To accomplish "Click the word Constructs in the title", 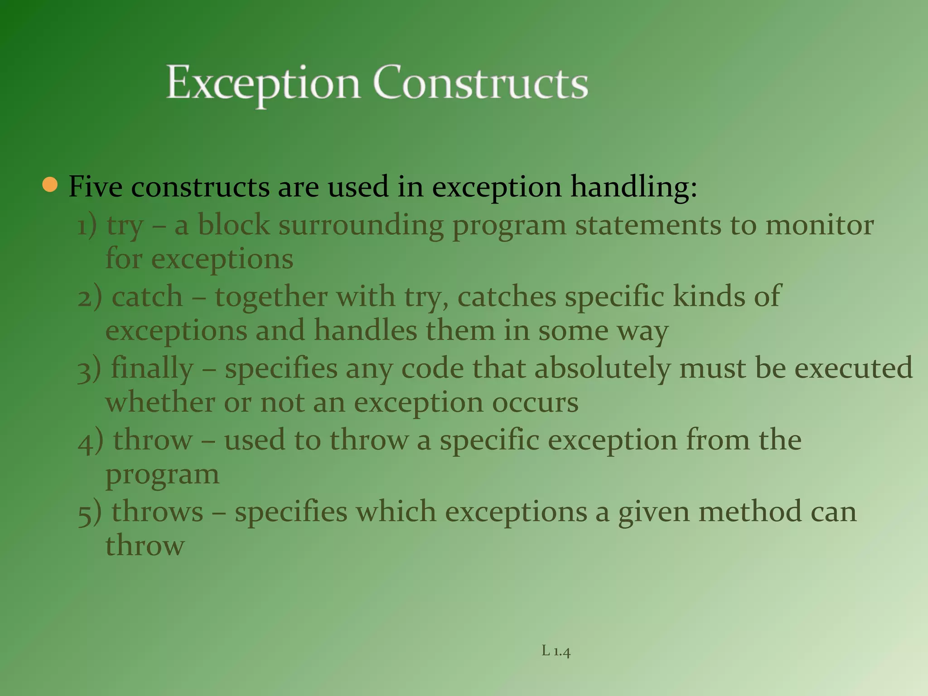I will [x=480, y=83].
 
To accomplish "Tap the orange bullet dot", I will [x=50, y=185].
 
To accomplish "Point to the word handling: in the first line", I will [x=633, y=188].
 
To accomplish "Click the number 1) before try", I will [x=87, y=225].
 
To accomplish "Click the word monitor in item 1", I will [x=819, y=225].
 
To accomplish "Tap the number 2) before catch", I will [x=89, y=297].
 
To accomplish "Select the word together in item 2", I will [x=271, y=297].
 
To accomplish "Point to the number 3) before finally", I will [x=89, y=369].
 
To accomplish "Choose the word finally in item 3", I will [x=152, y=369].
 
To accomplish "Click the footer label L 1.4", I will [x=556, y=651].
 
